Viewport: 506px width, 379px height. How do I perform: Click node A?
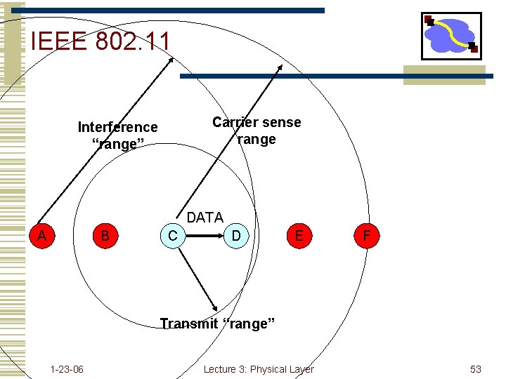(x=42, y=235)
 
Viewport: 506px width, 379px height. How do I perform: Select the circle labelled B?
(x=105, y=235)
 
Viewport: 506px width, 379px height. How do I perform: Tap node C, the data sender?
(x=173, y=235)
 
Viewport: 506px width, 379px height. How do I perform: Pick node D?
(x=236, y=235)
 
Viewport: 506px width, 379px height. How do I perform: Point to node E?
(x=299, y=235)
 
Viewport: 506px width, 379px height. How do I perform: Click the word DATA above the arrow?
(x=205, y=218)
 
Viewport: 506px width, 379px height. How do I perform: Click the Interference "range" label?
(x=117, y=135)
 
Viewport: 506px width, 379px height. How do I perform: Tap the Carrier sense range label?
(x=257, y=131)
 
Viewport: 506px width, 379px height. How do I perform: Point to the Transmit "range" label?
(x=217, y=324)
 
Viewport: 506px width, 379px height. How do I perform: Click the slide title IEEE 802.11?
(x=100, y=41)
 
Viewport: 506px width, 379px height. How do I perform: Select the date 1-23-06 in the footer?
(x=67, y=369)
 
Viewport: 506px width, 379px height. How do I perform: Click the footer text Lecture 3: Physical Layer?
(x=259, y=369)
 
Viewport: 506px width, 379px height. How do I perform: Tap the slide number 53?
(x=476, y=369)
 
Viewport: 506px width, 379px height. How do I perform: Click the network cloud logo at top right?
(x=451, y=35)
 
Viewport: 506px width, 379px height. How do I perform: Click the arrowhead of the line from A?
(x=171, y=58)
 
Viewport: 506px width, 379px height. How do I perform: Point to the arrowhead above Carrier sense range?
(x=280, y=67)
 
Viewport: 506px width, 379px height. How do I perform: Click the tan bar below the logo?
(x=444, y=74)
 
